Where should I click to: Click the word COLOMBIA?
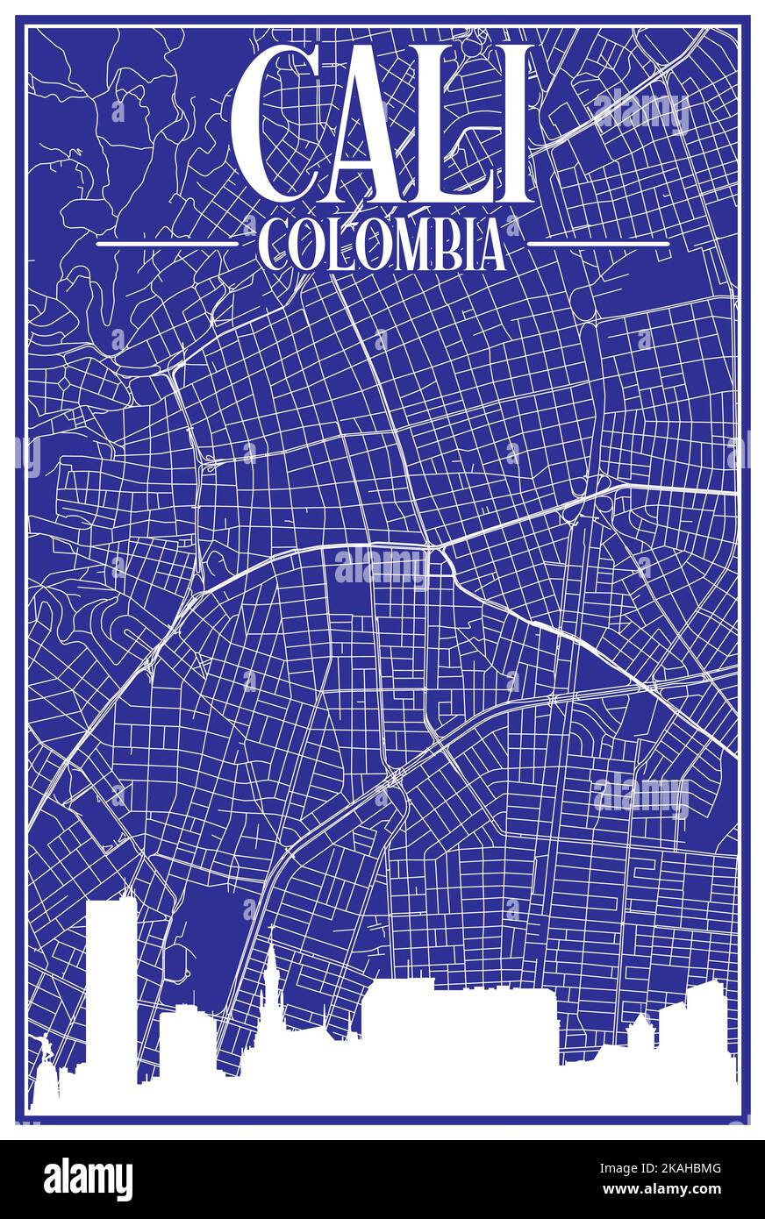pyautogui.click(x=382, y=245)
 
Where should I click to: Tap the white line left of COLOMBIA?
pyautogui.click(x=167, y=243)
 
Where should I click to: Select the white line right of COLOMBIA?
pyautogui.click(x=598, y=243)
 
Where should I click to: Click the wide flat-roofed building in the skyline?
pyautogui.click(x=461, y=1022)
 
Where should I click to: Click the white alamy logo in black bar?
pyautogui.click(x=88, y=1180)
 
